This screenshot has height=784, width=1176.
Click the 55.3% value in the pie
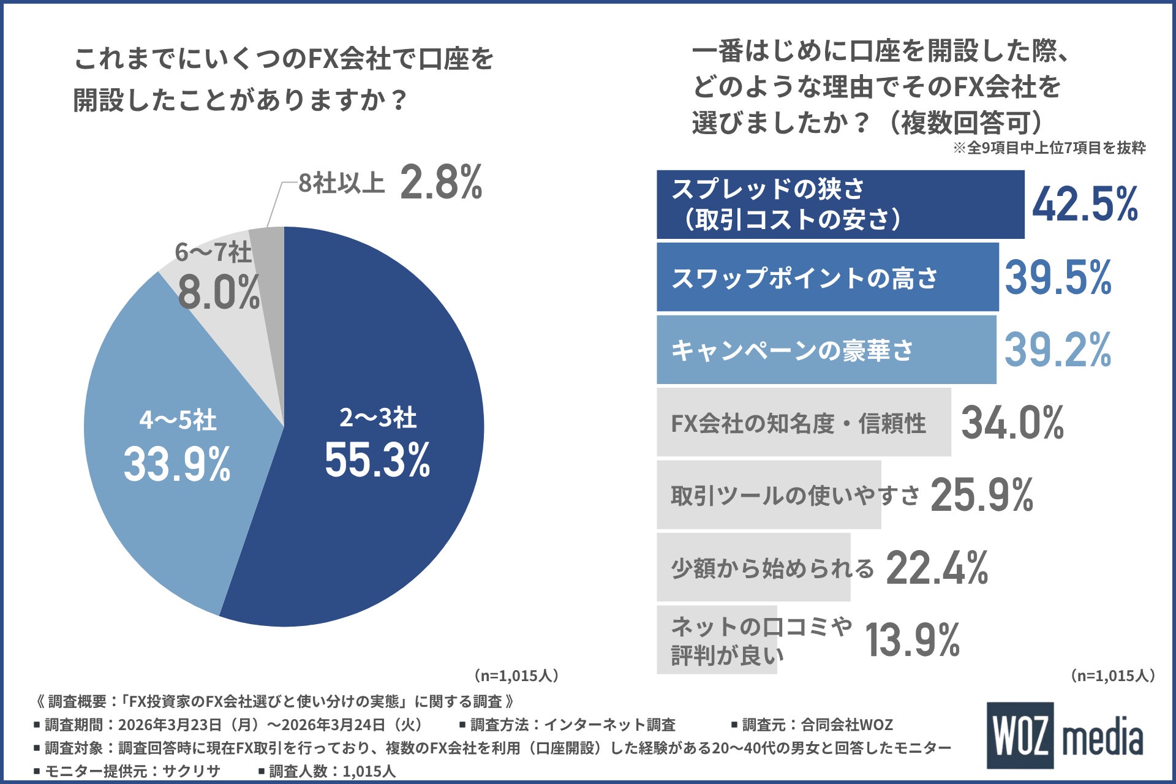pos(377,460)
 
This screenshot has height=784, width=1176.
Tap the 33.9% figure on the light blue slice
pos(177,464)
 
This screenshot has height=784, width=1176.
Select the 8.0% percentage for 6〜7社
pos(219,293)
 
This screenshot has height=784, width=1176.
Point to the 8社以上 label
pos(341,183)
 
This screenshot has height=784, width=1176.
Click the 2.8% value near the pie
pos(441,183)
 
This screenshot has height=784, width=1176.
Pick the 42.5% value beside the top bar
pos(1085,205)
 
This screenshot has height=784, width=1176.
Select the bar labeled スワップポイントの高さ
pos(827,277)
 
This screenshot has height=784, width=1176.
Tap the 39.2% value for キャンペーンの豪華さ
pos(1058,350)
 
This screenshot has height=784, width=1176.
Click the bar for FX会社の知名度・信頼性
pos(803,423)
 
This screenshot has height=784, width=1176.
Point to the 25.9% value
pos(982,495)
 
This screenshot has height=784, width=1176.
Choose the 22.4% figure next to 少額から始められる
pos(937,568)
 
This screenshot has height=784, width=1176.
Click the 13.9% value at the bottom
pos(912,640)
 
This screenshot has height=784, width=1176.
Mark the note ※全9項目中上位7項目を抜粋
pos(1049,148)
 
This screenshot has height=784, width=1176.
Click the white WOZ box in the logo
pos(1020,735)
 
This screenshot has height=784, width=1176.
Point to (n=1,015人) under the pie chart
pos(516,676)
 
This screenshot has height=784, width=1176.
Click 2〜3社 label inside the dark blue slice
pos(378,418)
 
